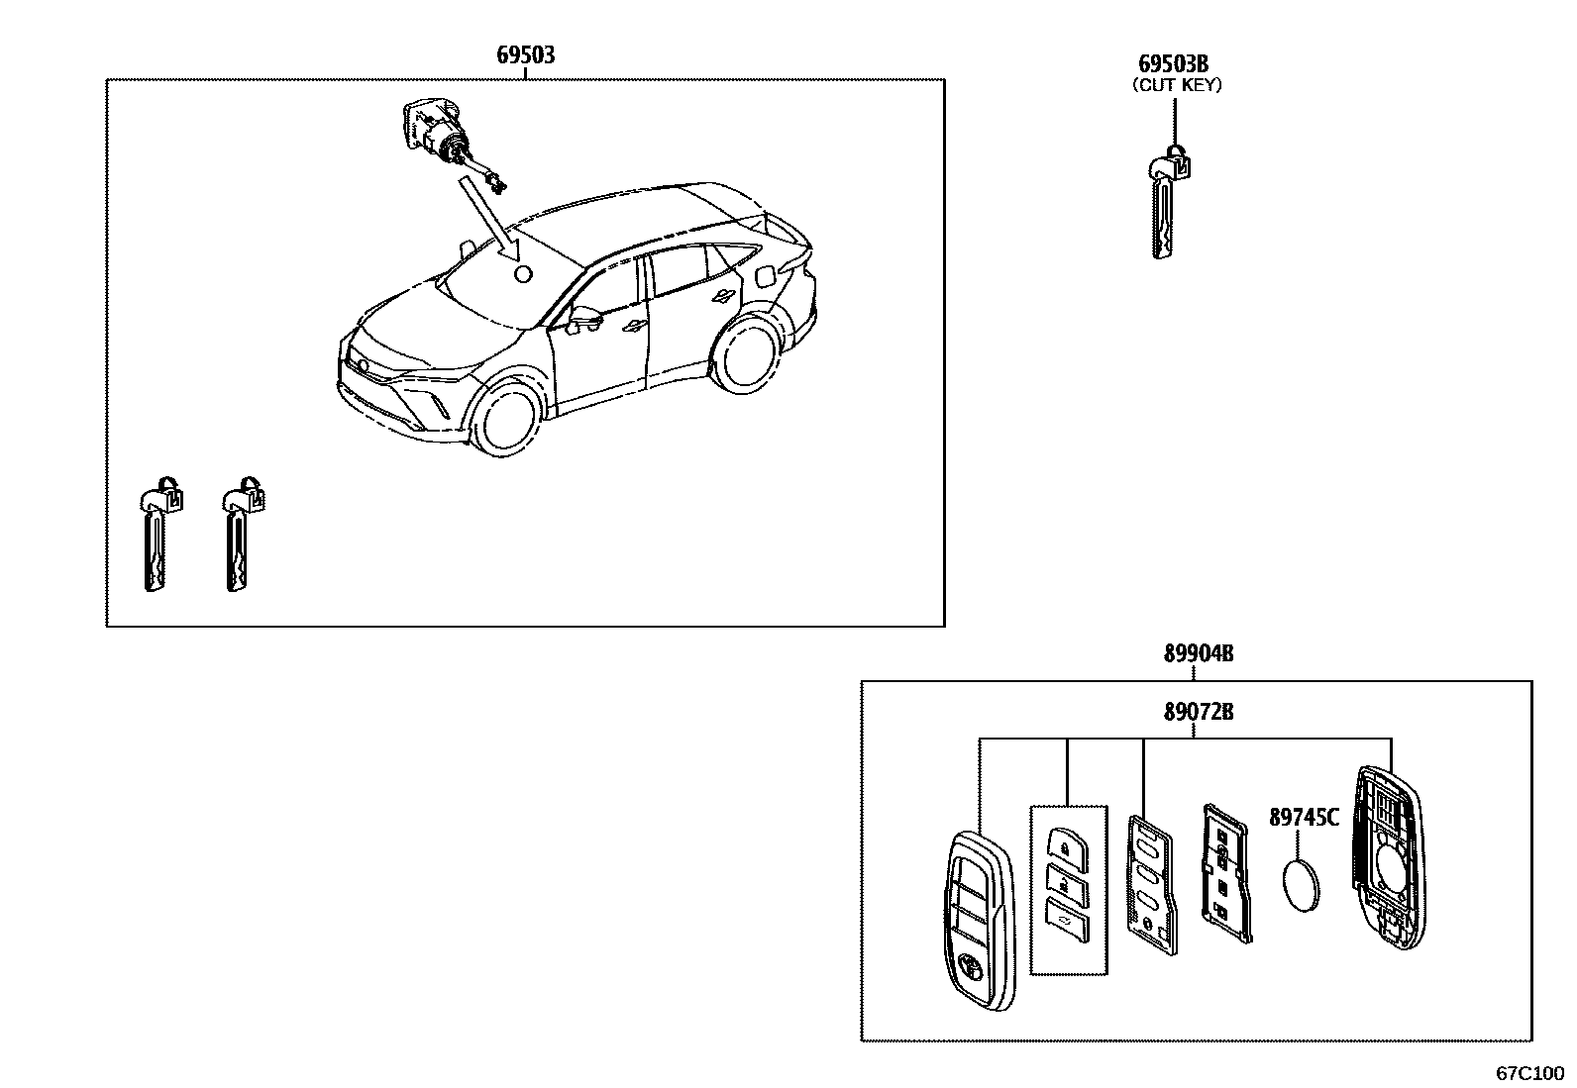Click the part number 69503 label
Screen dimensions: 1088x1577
coord(525,55)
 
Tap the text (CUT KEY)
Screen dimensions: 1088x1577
coord(1177,85)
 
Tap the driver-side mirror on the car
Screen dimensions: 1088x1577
coord(585,319)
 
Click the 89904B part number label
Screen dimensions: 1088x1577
coord(1198,654)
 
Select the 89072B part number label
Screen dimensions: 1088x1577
coord(1198,712)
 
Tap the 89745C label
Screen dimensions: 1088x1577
coord(1304,818)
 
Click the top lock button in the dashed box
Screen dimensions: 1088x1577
coord(1062,848)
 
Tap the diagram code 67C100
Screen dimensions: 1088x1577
coord(1529,1073)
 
